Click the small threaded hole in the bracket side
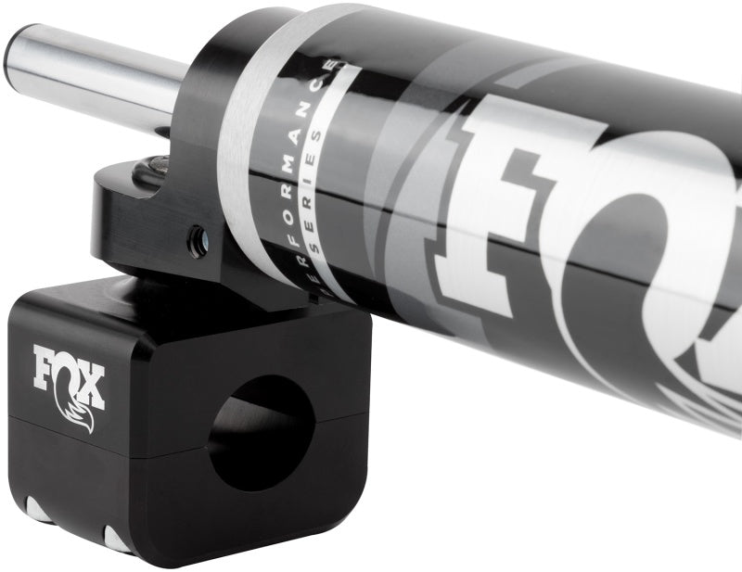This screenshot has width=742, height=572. pos(198,243)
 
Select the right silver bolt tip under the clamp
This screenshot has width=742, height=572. pos(117,538)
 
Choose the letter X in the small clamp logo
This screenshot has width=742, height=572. pos(92,384)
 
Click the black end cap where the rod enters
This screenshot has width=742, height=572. pos(199,111)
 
